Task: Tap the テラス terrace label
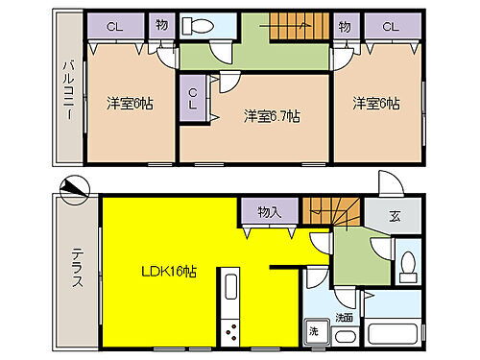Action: (76, 268)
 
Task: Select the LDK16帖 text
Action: (171, 272)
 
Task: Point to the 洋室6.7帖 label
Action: (272, 116)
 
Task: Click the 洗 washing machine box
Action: (314, 331)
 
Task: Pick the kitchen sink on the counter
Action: (230, 287)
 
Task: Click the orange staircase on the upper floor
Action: (288, 28)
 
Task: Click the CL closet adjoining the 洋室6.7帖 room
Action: (193, 98)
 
